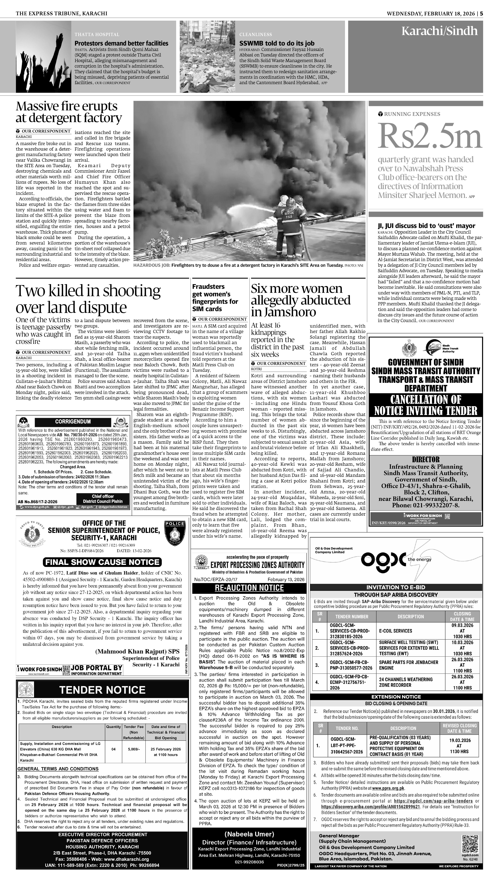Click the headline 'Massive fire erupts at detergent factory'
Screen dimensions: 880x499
[69, 112]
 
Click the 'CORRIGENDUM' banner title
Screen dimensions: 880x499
[73, 422]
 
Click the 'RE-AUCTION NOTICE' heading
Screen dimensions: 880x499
[249, 588]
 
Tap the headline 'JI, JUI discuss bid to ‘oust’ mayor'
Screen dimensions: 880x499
[426, 226]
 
